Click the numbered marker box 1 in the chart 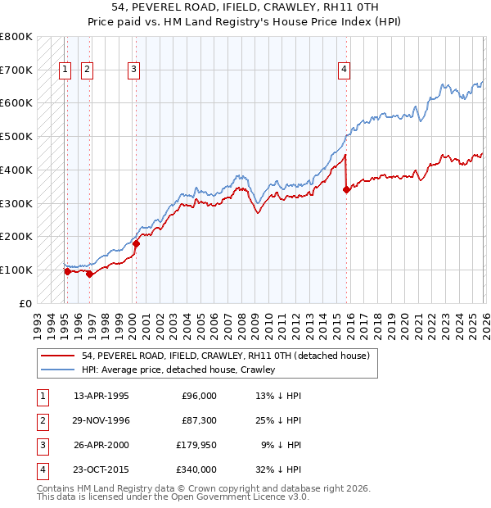click(x=65, y=70)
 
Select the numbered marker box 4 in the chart click(x=345, y=70)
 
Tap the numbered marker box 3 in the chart click(x=133, y=70)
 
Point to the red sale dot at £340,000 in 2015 click(x=346, y=189)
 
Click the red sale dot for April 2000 click(x=137, y=243)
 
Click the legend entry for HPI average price click(x=178, y=370)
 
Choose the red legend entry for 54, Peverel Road click(x=226, y=356)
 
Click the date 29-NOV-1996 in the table click(x=101, y=420)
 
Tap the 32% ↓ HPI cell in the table click(x=278, y=469)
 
